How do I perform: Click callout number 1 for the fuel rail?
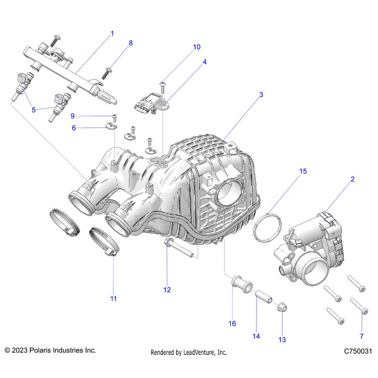click(x=112, y=34)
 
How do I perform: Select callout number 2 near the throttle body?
click(x=352, y=178)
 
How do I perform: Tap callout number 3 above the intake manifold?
click(x=261, y=94)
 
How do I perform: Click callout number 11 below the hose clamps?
click(x=113, y=298)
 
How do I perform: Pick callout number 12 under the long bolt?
click(x=167, y=290)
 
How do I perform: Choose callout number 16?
click(x=232, y=324)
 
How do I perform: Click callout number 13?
click(x=282, y=340)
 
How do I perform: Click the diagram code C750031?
click(x=358, y=350)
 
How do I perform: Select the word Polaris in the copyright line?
click(x=38, y=350)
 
